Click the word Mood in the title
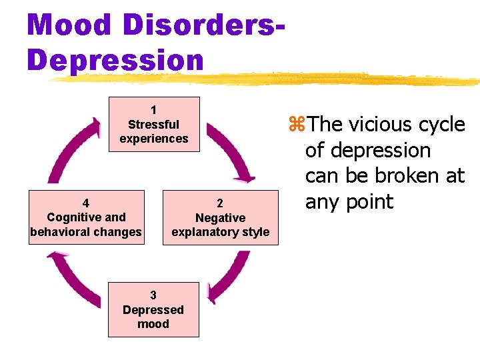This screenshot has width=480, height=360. pos(69,25)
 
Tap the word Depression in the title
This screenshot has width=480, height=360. pos(115,60)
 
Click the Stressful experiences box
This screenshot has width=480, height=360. pos(154,125)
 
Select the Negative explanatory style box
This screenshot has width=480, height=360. pos(220,218)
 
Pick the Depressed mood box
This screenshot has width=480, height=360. pos(153,309)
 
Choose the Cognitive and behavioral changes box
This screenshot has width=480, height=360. pos(86,217)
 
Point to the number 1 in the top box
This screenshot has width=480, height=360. pos(154,110)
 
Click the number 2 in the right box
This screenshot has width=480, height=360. pos(220,203)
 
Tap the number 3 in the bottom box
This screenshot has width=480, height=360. pos(153,295)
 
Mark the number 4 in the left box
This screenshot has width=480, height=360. pos(86,203)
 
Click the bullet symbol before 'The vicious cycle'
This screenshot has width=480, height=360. pos(297,125)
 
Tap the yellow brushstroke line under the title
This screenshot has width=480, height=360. pos(267,79)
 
